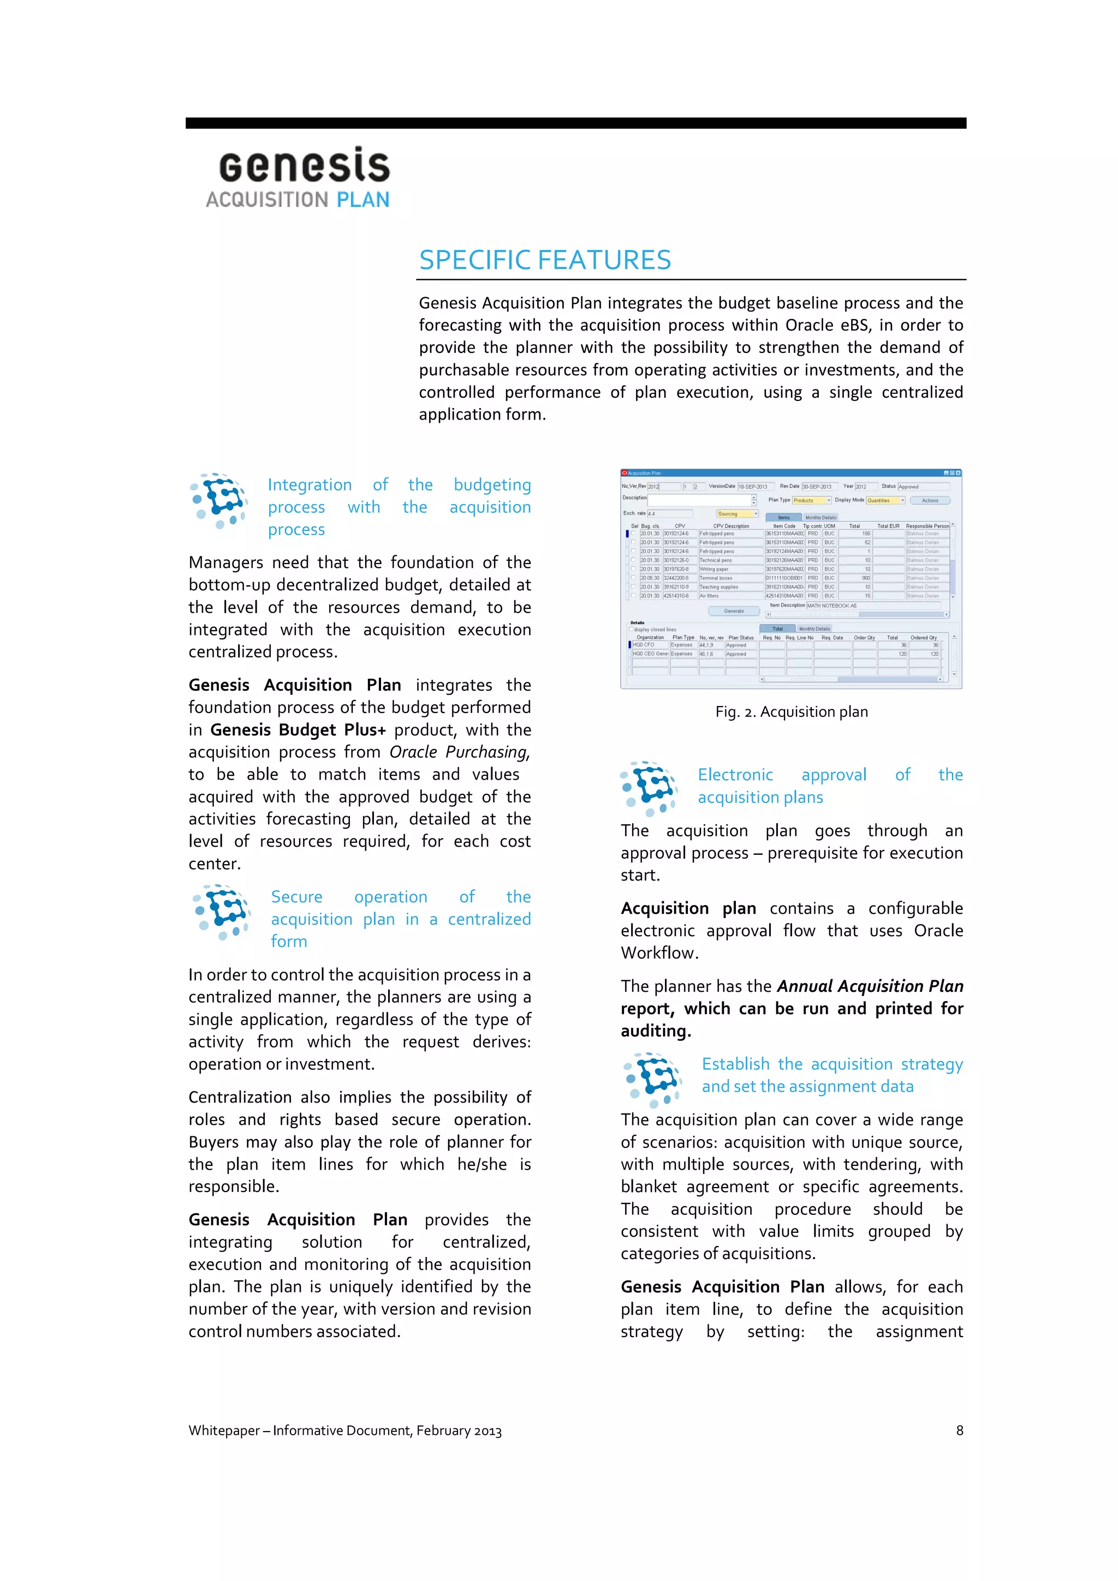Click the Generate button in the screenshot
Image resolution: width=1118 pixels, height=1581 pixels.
pyautogui.click(x=734, y=611)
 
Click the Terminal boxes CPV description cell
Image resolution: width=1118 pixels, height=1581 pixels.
pyautogui.click(x=730, y=578)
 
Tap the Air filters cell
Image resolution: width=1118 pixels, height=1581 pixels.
pyautogui.click(x=730, y=596)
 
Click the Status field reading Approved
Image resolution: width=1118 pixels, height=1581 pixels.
pyautogui.click(x=923, y=487)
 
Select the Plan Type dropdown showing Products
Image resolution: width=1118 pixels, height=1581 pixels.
pyautogui.click(x=811, y=501)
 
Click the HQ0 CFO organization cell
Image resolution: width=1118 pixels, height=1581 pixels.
pyautogui.click(x=649, y=645)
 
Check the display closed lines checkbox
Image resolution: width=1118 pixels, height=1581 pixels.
pyautogui.click(x=631, y=628)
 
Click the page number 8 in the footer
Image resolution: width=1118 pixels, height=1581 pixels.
pyautogui.click(x=959, y=1430)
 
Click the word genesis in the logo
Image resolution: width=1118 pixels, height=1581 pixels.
pyautogui.click(x=305, y=166)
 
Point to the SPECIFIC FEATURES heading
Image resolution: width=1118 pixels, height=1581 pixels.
pyautogui.click(x=544, y=260)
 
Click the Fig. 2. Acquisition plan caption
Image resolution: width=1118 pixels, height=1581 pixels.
pyautogui.click(x=791, y=712)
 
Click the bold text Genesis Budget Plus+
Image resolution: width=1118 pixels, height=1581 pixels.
pyautogui.click(x=298, y=730)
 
